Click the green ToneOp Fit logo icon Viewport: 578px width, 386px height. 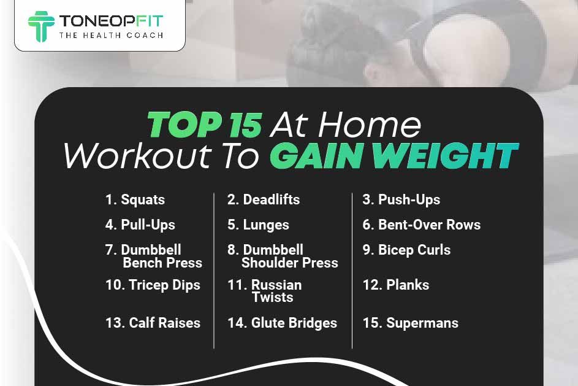(41, 26)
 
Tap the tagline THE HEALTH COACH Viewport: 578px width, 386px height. (111, 36)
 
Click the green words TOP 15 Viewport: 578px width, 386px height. (205, 125)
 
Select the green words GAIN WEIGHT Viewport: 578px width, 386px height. (394, 156)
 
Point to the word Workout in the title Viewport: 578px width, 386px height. (137, 156)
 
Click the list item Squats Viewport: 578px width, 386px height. (135, 199)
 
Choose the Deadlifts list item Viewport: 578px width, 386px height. (264, 199)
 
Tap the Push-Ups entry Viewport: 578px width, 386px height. (401, 199)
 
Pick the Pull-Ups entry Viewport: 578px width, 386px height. (140, 225)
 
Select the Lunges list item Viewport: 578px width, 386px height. (258, 225)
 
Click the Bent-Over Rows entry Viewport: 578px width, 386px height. (422, 225)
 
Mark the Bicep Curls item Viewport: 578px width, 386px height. (406, 250)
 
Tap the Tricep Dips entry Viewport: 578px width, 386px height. (153, 285)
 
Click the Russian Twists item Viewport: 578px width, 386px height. (265, 291)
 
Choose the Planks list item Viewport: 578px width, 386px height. (396, 285)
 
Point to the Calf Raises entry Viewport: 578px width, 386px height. (153, 323)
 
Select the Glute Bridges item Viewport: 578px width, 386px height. (283, 323)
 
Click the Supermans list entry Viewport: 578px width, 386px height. (411, 323)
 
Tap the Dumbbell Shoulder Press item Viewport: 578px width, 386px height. (283, 256)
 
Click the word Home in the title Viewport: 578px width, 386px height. (370, 125)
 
